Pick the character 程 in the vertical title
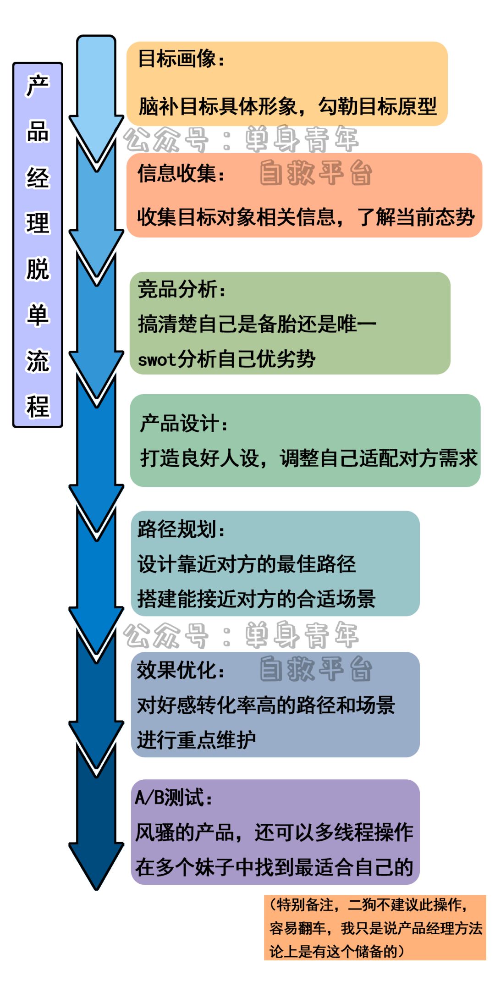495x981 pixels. pos(38,406)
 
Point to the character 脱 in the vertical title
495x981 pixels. pos(38,269)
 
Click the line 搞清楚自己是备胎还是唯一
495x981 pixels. pos(257,325)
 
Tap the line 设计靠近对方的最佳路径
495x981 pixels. pos(247,564)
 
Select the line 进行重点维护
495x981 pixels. pos(196,740)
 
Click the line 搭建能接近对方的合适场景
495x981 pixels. pos(256,599)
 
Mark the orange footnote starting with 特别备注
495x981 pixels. pos(375,928)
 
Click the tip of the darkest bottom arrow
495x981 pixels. pos(97,887)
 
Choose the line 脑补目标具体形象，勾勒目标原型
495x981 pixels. pos(287,107)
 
